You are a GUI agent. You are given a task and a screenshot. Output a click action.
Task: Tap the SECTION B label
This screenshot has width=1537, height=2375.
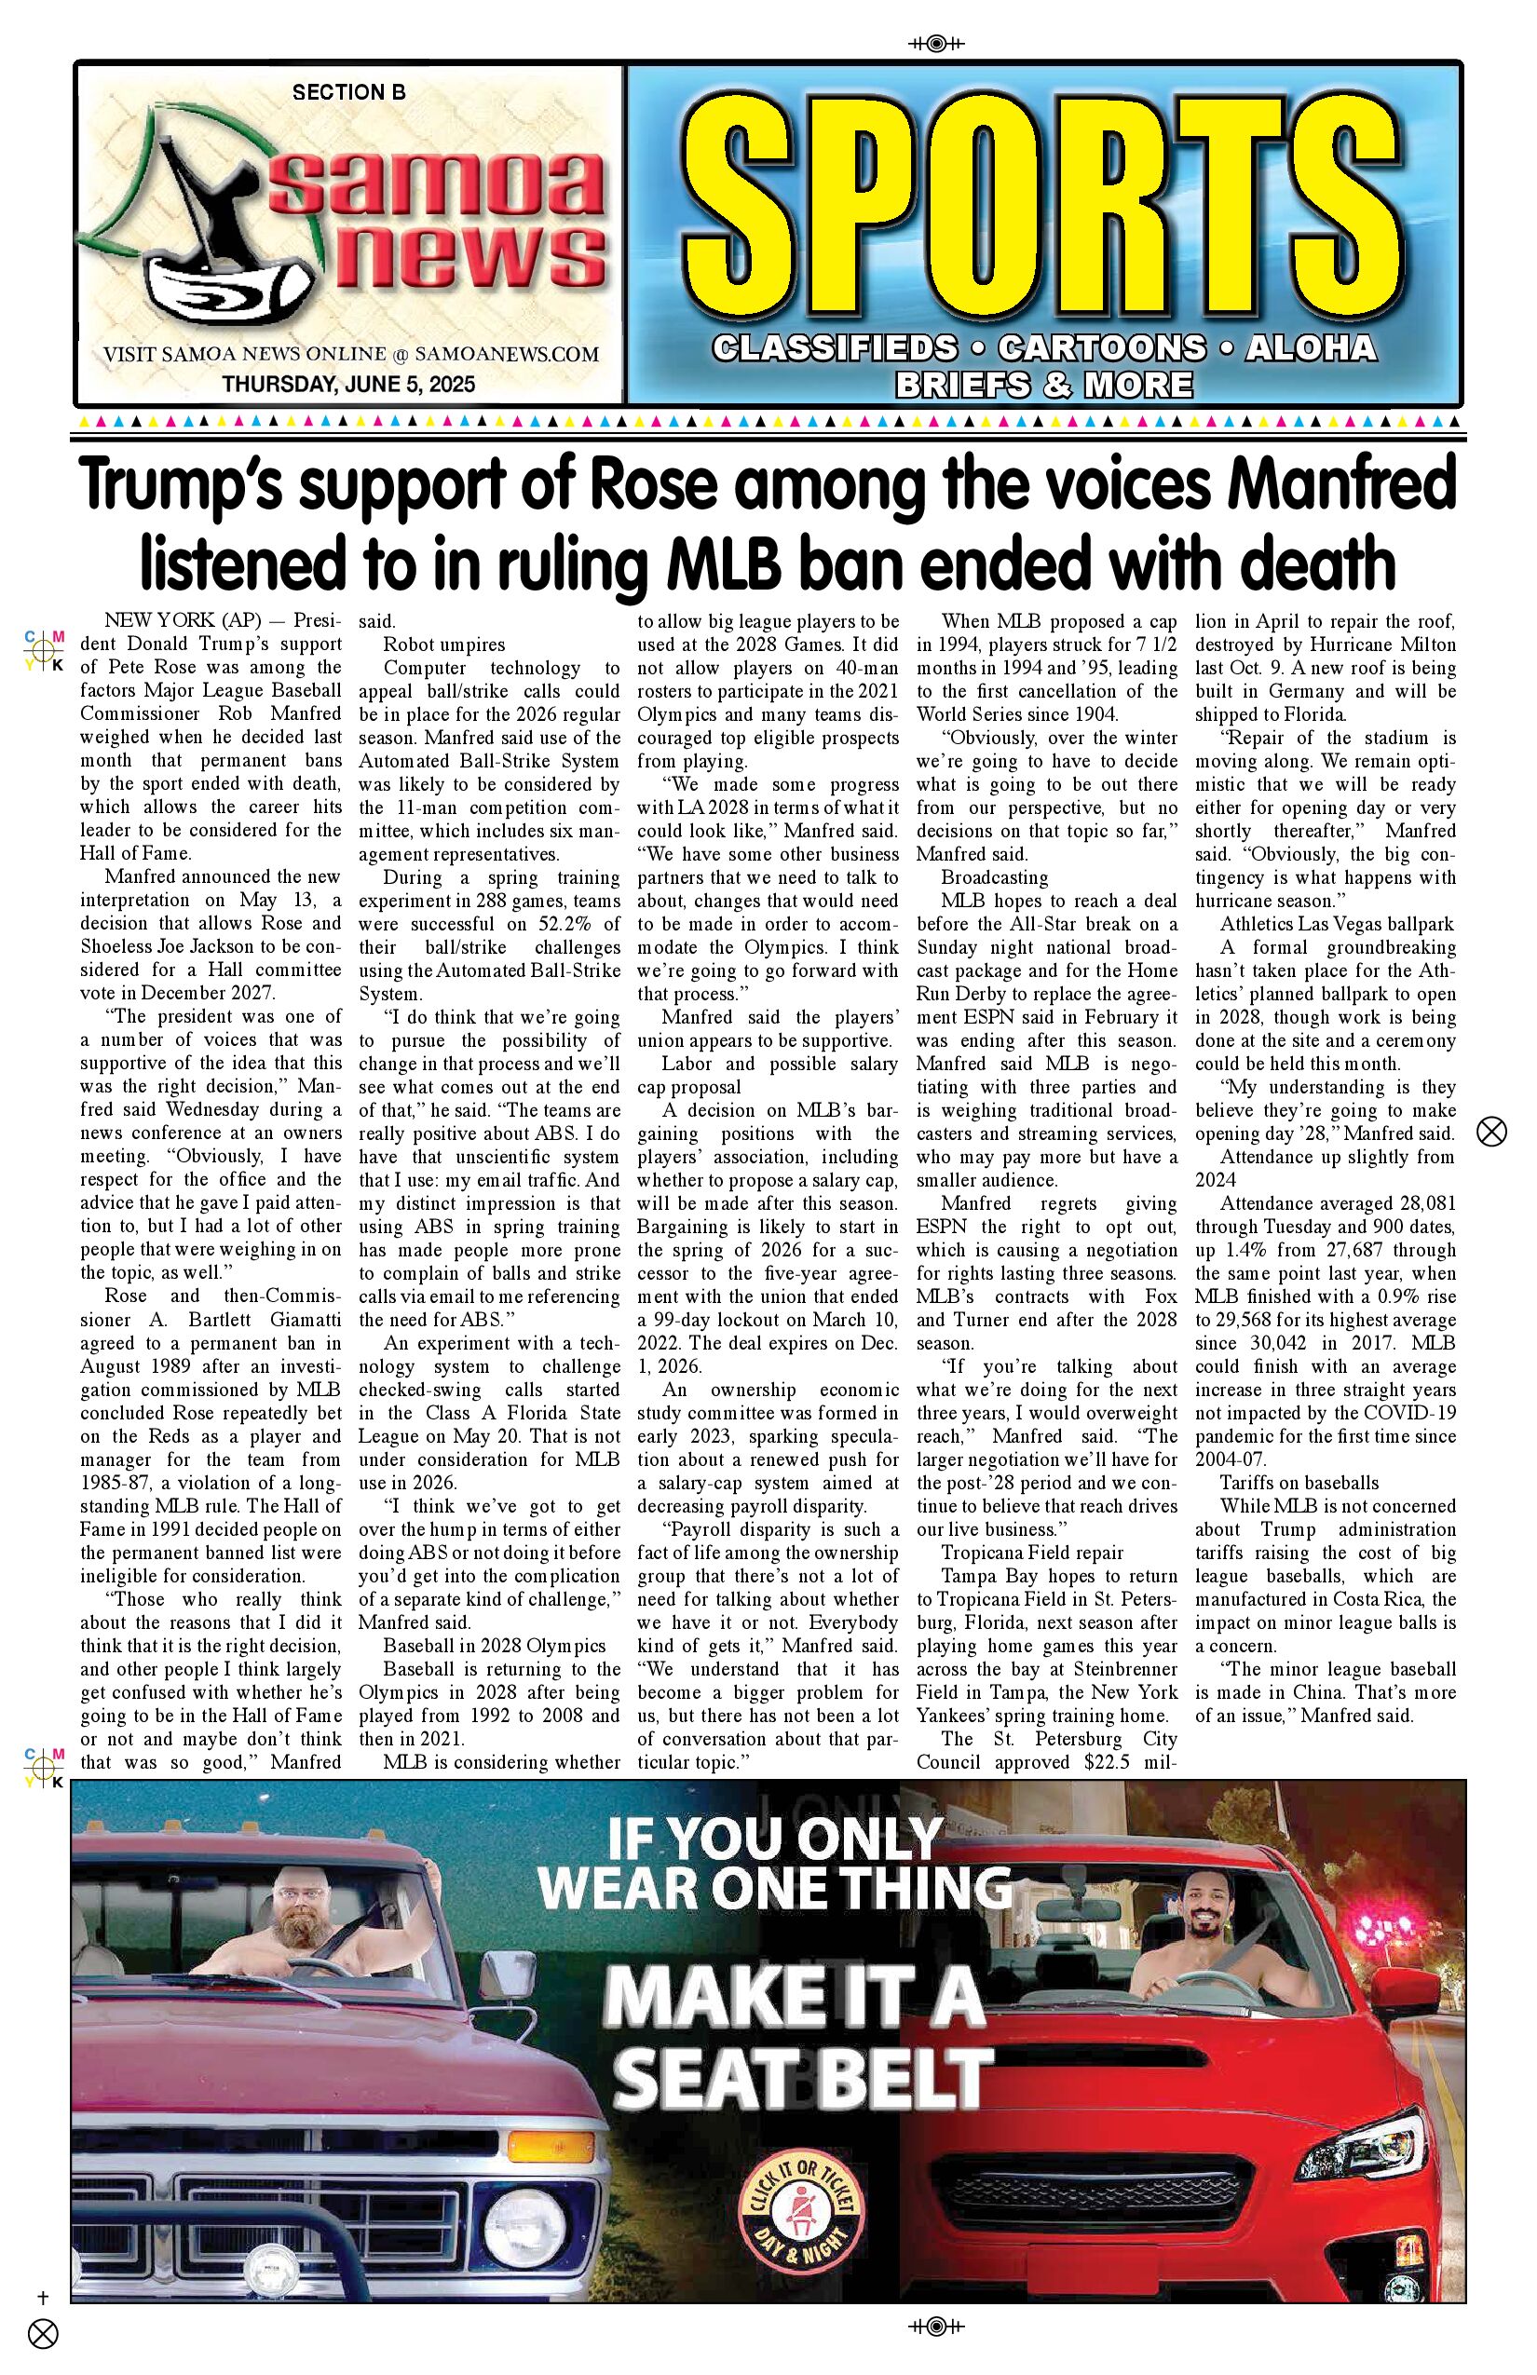[x=348, y=93]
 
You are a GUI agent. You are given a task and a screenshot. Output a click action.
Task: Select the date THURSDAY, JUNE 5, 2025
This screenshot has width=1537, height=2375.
[x=348, y=384]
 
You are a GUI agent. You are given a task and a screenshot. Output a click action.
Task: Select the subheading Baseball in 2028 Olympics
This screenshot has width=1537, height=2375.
[x=494, y=1646]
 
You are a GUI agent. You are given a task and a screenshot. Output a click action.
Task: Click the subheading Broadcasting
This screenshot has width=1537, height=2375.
[x=994, y=878]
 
